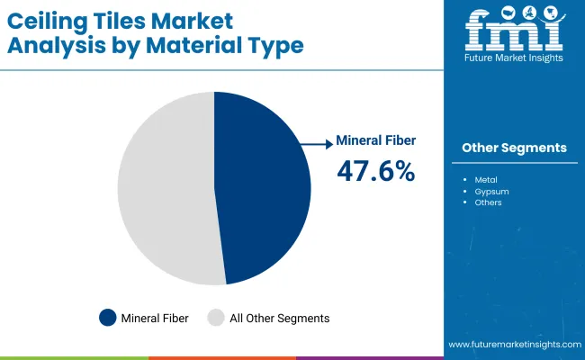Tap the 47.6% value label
point(375,171)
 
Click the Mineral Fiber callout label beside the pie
point(375,141)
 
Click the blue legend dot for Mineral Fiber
point(108,318)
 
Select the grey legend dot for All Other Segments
point(216,318)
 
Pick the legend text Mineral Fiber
point(156,318)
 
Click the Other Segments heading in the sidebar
point(514,148)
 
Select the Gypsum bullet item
point(490,192)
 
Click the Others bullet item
point(489,203)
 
